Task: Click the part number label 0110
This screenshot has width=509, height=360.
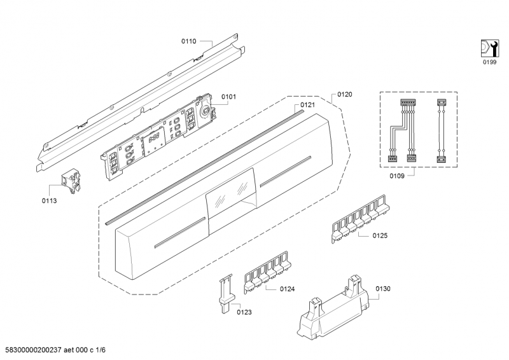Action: (188, 41)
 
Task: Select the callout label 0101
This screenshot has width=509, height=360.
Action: (228, 97)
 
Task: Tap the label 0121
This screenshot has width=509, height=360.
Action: (308, 105)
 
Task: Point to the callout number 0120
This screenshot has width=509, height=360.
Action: (344, 94)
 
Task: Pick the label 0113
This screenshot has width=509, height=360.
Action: (50, 200)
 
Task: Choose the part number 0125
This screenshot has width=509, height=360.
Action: (380, 235)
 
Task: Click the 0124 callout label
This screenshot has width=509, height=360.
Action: (287, 289)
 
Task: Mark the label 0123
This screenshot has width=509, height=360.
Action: (244, 312)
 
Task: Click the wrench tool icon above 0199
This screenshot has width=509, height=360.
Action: (488, 48)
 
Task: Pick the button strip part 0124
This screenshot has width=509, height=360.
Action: (266, 273)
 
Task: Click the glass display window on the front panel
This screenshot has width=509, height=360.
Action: (230, 193)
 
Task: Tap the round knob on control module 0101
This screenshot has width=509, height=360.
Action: (206, 110)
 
